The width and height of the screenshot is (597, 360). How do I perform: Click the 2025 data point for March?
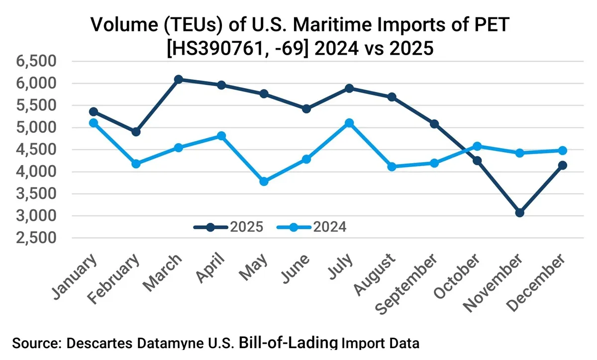coord(179,79)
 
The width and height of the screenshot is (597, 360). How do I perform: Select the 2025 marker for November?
coord(520,213)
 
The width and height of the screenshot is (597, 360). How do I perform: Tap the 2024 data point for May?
coord(264,181)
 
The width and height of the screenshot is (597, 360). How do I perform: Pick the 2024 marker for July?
coord(349,123)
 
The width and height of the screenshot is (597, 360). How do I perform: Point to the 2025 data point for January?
coord(94,112)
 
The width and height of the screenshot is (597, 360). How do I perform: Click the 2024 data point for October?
coord(477,146)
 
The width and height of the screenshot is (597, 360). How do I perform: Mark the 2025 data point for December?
coord(563,166)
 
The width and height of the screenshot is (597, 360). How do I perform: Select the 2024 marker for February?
coord(136,164)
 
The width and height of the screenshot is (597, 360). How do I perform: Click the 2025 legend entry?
coord(229,227)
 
